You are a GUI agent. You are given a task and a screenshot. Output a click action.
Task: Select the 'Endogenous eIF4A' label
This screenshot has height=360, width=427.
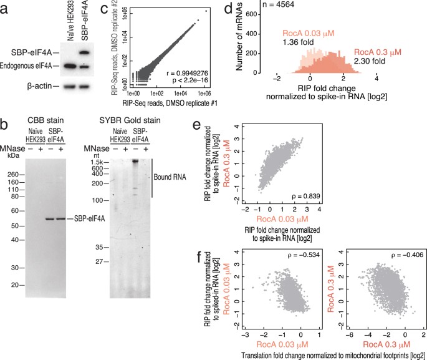pyautogui.click(x=28, y=65)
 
